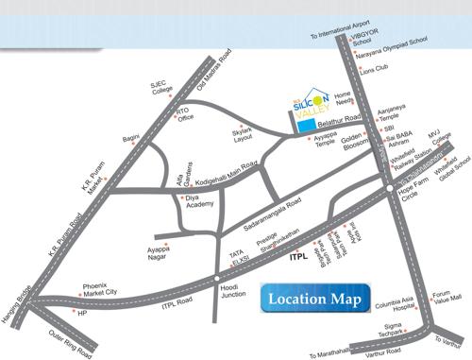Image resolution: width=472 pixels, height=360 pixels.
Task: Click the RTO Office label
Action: pyautogui.click(x=185, y=113)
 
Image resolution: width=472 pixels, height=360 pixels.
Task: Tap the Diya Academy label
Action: pyautogui.click(x=200, y=202)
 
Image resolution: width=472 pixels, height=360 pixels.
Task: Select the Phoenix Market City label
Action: pyautogui.click(x=100, y=289)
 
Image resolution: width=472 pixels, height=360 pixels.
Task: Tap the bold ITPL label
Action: pyautogui.click(x=300, y=256)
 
